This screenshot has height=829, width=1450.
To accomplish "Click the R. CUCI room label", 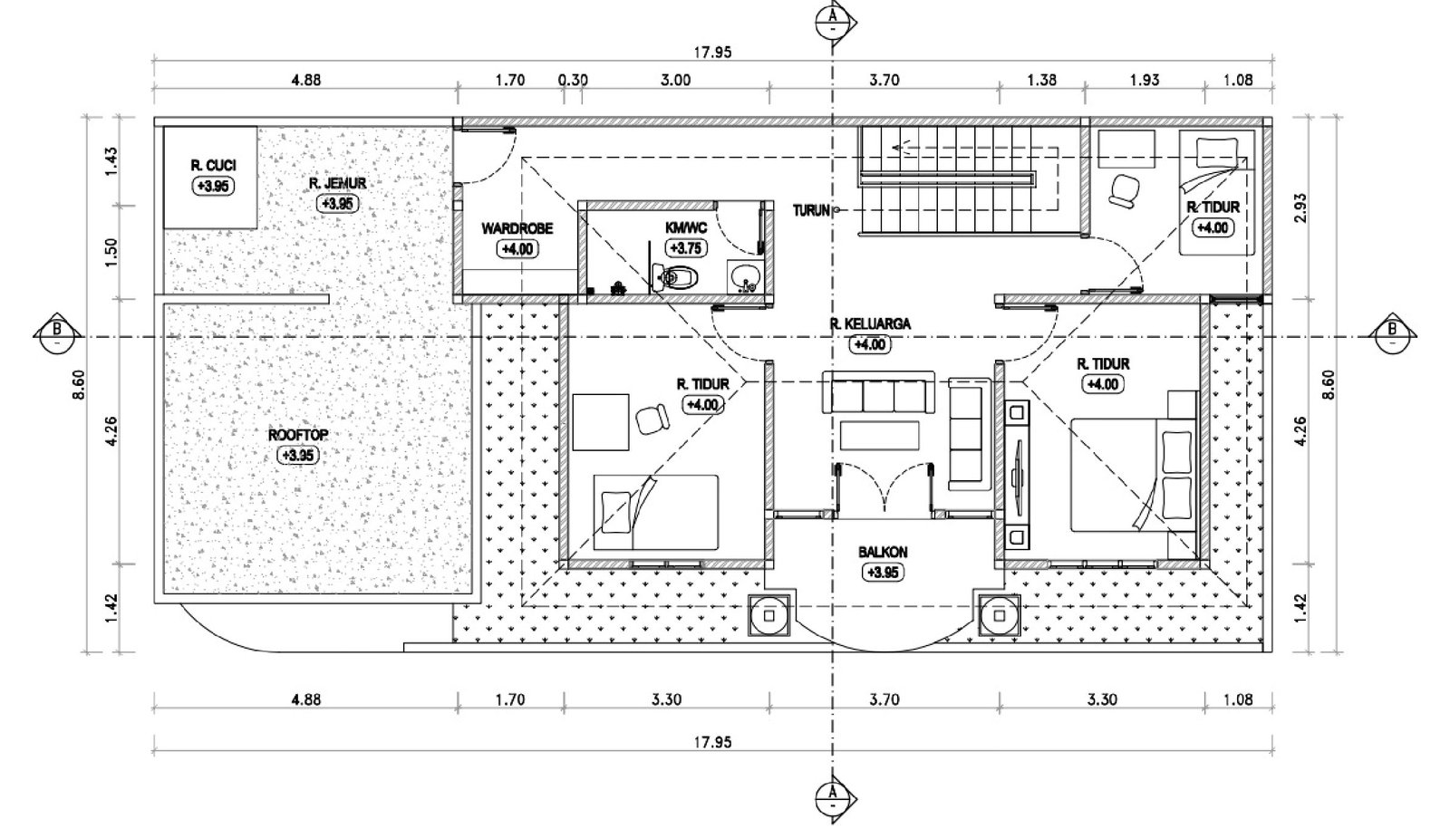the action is coord(213,166).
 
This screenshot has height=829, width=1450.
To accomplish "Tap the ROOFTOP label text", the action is coord(298,435).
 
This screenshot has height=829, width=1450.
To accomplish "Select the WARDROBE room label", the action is coord(517,228).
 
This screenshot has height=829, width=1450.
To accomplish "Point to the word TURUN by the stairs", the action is coord(811,210).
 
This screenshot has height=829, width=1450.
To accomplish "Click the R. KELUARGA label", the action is coord(870,323).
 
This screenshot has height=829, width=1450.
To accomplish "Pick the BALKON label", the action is coord(883,552).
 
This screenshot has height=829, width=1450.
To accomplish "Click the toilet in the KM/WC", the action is coord(676,277).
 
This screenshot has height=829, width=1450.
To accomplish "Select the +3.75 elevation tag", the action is coord(686,248).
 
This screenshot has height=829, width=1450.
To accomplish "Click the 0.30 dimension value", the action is coord(573,81).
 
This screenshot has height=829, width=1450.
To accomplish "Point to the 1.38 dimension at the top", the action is coord(1041,81).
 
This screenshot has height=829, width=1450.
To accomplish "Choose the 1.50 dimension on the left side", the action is coord(111,253).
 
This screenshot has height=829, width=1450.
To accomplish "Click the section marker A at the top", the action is coord(833,22).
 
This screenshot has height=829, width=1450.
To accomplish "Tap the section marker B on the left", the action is coord(58,337).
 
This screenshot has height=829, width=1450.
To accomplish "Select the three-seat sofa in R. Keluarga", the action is coord(878,392).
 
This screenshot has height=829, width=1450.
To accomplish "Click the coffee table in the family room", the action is coord(879,435).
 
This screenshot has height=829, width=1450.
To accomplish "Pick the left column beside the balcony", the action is coord(769,615).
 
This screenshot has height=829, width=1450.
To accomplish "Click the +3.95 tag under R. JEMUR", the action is coord(337,203).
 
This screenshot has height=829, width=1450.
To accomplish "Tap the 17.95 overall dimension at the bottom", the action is coord(712,742).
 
